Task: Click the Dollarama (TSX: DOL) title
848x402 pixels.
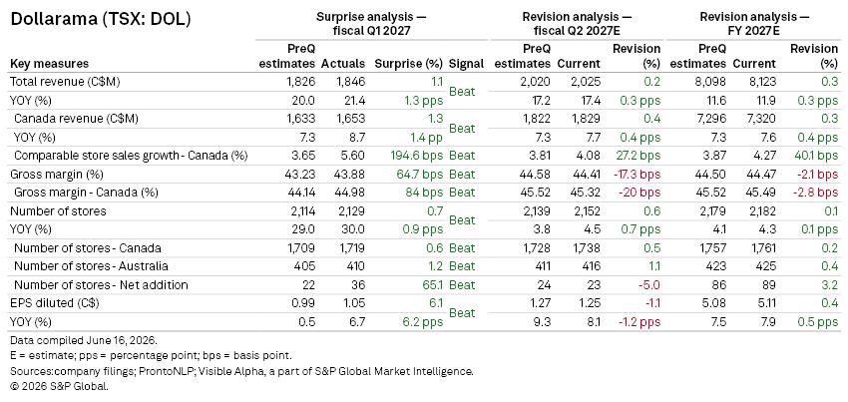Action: pyautogui.click(x=101, y=20)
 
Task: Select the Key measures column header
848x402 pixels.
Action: pyautogui.click(x=49, y=63)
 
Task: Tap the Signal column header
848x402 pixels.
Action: pyautogui.click(x=466, y=63)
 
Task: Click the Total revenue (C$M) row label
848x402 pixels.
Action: pyautogui.click(x=65, y=82)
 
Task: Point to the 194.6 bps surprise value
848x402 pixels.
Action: pyautogui.click(x=416, y=156)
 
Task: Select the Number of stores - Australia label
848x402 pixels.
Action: pyautogui.click(x=91, y=266)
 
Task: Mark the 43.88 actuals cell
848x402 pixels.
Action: pyautogui.click(x=350, y=175)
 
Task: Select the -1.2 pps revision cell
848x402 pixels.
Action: pyautogui.click(x=639, y=322)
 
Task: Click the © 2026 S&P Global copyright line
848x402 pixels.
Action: pyautogui.click(x=60, y=386)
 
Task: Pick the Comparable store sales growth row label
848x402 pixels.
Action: pyautogui.click(x=131, y=156)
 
